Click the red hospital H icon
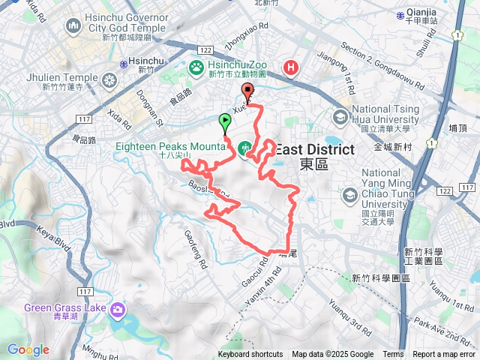click(x=290, y=70)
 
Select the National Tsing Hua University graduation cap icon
click(x=341, y=118)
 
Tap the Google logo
click(x=28, y=349)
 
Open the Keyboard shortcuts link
click(x=250, y=355)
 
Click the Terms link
click(x=393, y=355)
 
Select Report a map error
click(x=444, y=355)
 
